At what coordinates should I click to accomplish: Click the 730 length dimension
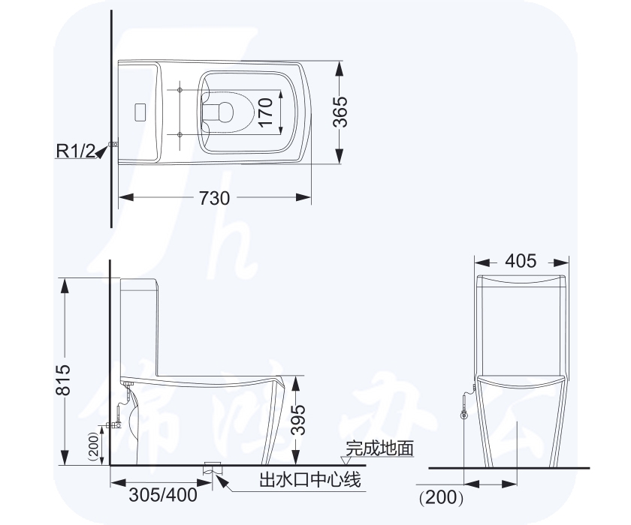click(214, 198)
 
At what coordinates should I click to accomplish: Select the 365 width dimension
click(340, 112)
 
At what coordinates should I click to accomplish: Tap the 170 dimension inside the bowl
click(266, 112)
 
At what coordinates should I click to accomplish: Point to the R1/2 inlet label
click(76, 151)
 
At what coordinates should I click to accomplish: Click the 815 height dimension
click(63, 379)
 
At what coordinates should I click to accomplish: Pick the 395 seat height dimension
click(298, 420)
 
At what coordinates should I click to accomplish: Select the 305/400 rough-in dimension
click(163, 495)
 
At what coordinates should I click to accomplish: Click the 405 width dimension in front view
click(521, 261)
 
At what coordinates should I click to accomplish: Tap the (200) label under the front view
click(441, 498)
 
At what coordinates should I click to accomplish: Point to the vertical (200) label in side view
click(93, 445)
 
